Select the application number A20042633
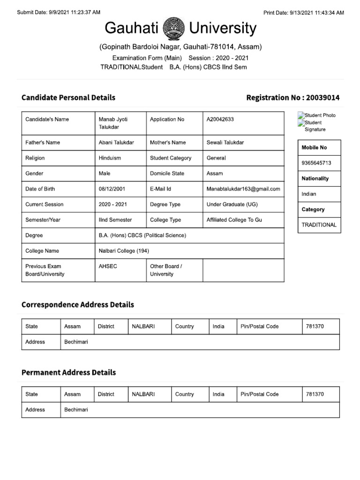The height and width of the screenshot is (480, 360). click(x=220, y=120)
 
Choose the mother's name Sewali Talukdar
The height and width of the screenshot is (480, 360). click(x=225, y=142)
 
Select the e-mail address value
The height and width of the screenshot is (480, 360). click(x=243, y=189)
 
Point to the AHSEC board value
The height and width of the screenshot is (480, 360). click(x=108, y=266)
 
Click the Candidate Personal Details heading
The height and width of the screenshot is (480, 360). click(x=68, y=97)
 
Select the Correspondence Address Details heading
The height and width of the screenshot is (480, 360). click(x=78, y=305)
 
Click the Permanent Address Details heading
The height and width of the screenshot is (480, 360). click(x=68, y=373)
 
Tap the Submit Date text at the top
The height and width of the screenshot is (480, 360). click(x=58, y=13)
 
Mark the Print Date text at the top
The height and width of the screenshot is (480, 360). click(x=304, y=13)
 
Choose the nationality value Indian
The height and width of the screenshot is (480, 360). click(x=309, y=194)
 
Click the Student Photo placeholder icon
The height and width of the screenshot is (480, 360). click(x=301, y=115)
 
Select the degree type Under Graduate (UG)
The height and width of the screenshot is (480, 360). click(x=232, y=204)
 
